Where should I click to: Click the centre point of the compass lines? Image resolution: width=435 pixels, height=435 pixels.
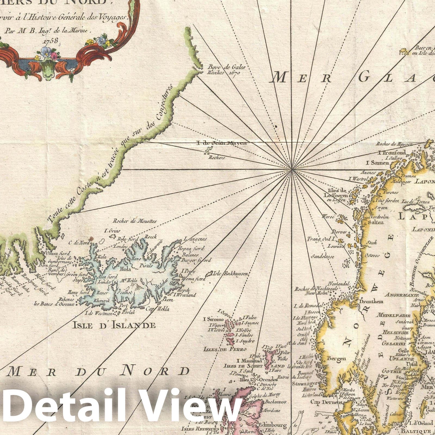tap(292, 169)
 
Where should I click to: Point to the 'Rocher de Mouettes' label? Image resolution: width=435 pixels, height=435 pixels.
tap(135, 221)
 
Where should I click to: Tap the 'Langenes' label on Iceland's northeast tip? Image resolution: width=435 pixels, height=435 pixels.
tap(195, 239)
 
